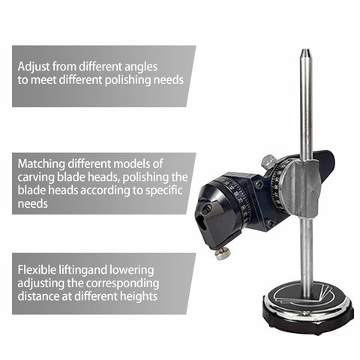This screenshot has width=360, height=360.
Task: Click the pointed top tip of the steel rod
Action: coord(305,53)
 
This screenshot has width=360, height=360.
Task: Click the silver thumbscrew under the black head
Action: coord(222,253)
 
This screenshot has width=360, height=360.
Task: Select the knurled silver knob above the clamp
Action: coord(268,161)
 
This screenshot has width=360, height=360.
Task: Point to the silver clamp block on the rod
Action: coord(299,185)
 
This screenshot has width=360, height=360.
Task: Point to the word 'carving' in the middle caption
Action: coord(37,177)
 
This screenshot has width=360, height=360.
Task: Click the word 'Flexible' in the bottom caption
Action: coord(39,269)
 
